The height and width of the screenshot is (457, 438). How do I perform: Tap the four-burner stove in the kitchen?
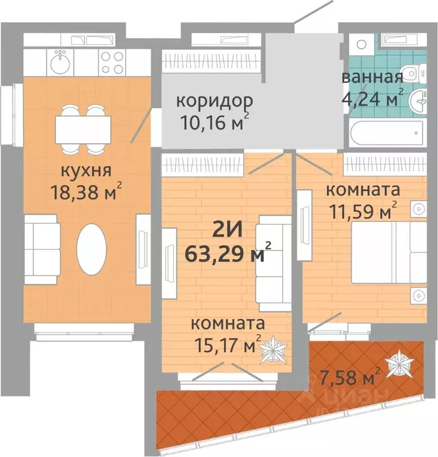pos(112,60)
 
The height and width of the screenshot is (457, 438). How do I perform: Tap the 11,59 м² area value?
pos(363,211)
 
